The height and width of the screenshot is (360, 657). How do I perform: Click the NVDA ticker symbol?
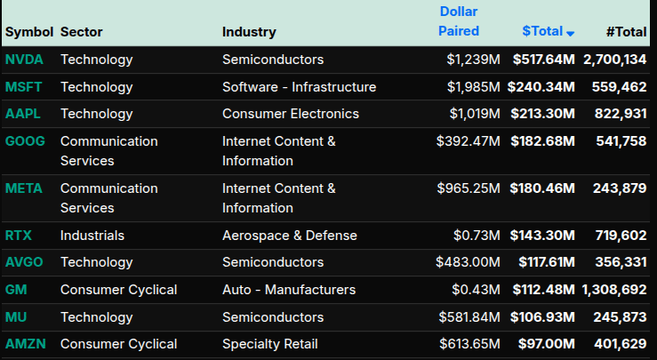[x=23, y=60]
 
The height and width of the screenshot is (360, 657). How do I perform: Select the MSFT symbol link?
[x=23, y=87]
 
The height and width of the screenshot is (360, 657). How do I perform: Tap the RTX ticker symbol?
[x=19, y=236]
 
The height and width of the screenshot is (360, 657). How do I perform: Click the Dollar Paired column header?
[x=459, y=21]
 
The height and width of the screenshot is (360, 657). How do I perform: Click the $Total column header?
[x=542, y=31]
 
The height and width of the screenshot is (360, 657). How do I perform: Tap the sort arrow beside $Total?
[x=571, y=33]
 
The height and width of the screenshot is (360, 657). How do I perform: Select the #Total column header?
[x=626, y=32]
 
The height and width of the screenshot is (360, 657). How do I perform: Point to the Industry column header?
[x=249, y=32]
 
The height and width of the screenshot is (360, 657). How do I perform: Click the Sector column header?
[x=82, y=32]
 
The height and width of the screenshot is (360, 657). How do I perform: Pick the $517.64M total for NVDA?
[x=543, y=60]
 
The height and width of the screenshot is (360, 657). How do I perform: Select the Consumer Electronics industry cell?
[x=291, y=114]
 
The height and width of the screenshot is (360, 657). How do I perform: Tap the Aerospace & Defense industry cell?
[x=290, y=236]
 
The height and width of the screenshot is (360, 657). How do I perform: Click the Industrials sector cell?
[x=92, y=236]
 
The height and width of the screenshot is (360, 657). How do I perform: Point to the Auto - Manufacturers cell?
[x=289, y=290]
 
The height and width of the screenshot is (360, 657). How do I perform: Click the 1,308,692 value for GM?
[x=614, y=290]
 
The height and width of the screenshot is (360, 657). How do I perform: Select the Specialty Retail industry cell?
[x=270, y=344]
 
